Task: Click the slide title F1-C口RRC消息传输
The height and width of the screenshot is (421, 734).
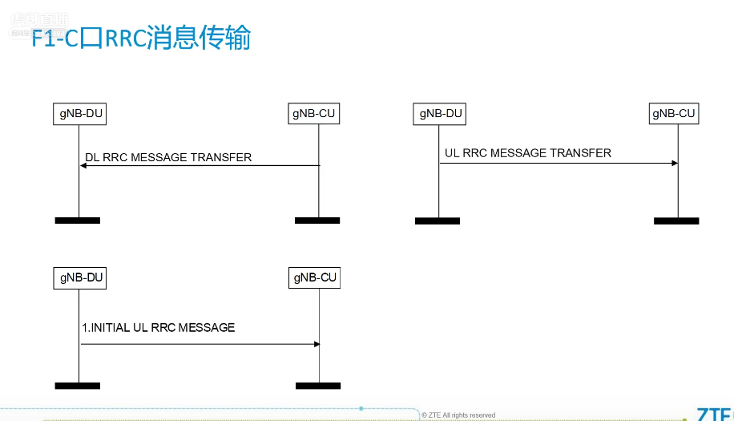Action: (141, 38)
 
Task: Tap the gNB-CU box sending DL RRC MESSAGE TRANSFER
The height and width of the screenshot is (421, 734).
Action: (314, 114)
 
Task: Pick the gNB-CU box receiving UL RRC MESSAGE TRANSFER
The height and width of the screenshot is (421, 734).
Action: (674, 114)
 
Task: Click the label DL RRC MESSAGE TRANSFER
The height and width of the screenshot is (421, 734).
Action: (168, 157)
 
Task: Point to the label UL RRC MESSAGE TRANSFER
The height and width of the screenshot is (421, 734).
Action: (527, 153)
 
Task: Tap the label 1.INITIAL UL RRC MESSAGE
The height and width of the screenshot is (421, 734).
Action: (159, 327)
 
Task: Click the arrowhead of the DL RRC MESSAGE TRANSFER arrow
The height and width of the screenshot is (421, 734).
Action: (83, 166)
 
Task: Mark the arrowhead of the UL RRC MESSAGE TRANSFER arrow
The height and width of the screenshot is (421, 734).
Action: (675, 164)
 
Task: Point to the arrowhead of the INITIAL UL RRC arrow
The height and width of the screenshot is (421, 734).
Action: (317, 344)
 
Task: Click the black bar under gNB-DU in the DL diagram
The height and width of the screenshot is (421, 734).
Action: (78, 220)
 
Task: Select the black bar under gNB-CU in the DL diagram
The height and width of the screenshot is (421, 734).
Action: (317, 220)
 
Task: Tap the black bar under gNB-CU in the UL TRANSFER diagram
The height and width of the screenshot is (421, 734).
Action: (676, 221)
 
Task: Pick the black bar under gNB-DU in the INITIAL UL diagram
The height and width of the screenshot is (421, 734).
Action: (78, 386)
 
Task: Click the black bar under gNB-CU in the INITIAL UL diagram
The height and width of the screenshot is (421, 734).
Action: (318, 386)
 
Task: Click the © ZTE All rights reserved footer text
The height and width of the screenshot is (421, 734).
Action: (458, 415)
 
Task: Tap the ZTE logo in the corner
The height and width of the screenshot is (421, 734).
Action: (713, 414)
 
